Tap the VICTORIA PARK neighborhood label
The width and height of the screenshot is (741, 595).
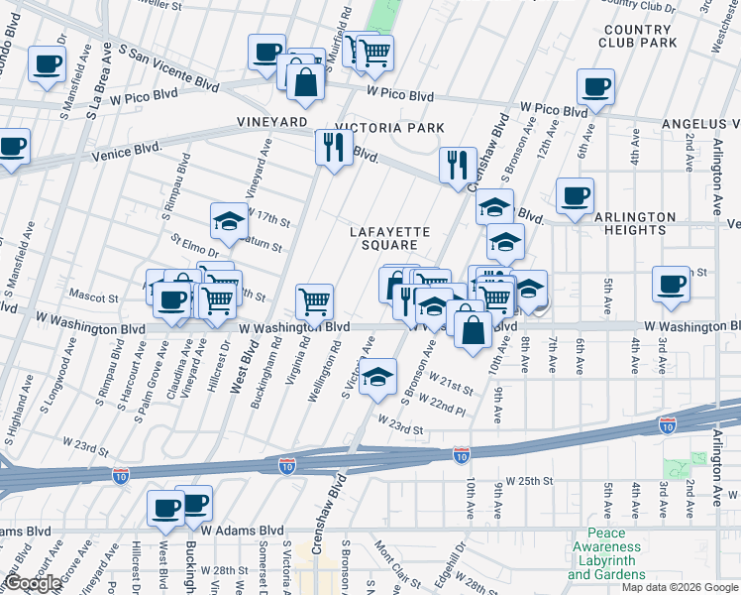click(389, 128)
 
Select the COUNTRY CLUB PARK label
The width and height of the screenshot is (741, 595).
click(637, 36)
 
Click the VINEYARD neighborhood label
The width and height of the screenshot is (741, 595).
click(270, 121)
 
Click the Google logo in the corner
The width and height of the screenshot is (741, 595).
click(33, 583)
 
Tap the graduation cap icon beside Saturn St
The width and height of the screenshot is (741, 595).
click(229, 220)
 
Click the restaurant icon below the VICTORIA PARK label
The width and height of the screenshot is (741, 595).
click(333, 147)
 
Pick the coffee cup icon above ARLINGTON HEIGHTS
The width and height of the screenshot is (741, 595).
click(574, 195)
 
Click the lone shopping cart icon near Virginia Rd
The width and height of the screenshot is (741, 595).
click(315, 300)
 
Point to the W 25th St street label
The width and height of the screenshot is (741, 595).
click(527, 481)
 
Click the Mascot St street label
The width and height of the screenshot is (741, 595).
click(93, 297)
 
